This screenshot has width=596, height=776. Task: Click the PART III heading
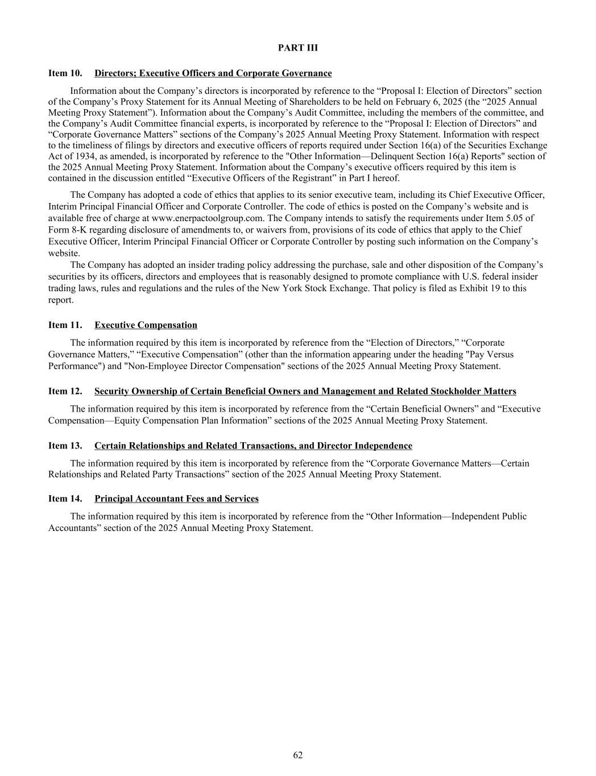pyautogui.click(x=298, y=48)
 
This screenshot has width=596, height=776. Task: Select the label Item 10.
pyautogui.click(x=65, y=73)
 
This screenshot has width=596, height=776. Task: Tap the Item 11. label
pyautogui.click(x=65, y=325)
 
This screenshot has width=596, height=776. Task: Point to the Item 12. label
pyautogui.click(x=65, y=391)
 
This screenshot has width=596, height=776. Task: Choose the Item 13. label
pyautogui.click(x=65, y=446)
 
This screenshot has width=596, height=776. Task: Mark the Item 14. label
pyautogui.click(x=65, y=499)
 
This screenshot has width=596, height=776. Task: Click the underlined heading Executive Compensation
pyautogui.click(x=146, y=325)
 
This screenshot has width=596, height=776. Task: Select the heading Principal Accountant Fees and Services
pyautogui.click(x=176, y=499)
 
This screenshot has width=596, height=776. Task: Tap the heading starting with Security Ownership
pyautogui.click(x=305, y=391)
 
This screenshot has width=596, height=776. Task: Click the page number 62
pyautogui.click(x=298, y=755)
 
